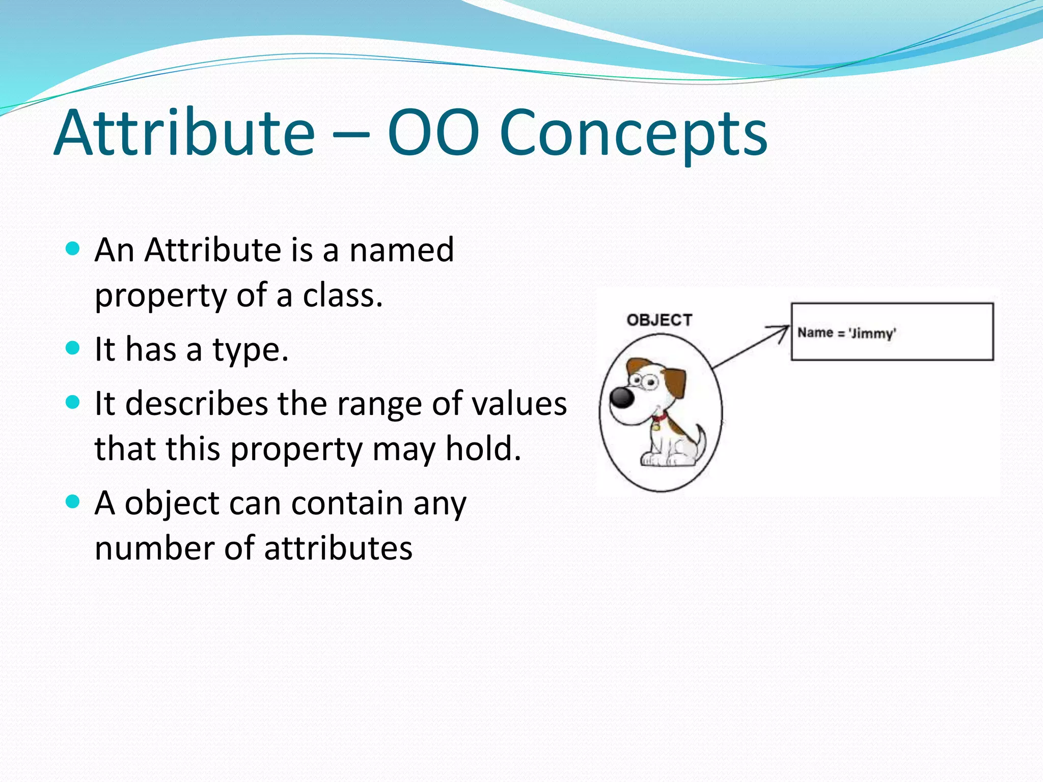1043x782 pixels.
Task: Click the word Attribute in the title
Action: (x=184, y=133)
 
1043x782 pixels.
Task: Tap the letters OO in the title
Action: (x=433, y=133)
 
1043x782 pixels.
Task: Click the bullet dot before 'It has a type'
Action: (x=73, y=348)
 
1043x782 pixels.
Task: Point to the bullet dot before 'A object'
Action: (x=73, y=502)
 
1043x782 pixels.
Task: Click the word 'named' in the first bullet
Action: (x=401, y=250)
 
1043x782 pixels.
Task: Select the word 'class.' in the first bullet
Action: (x=343, y=295)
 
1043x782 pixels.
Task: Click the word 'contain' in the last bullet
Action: (x=347, y=503)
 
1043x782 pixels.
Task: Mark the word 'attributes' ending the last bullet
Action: (x=338, y=548)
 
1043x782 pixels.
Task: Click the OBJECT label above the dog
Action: (x=659, y=320)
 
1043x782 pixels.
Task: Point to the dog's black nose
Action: (x=622, y=397)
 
